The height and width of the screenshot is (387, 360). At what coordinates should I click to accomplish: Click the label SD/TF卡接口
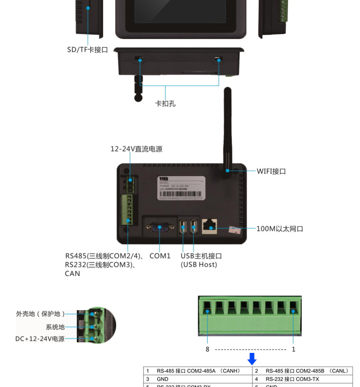tap(87, 50)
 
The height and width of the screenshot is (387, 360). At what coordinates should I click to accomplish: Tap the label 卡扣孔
tap(165, 103)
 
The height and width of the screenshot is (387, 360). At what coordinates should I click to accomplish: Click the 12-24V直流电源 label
tap(136, 149)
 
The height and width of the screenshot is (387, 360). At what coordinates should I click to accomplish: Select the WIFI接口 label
tap(271, 171)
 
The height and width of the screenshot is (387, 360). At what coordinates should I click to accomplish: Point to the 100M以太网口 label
tap(279, 229)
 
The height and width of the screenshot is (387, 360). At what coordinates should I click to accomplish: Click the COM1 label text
tap(160, 256)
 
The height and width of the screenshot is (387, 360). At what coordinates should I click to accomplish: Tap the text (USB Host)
tap(199, 265)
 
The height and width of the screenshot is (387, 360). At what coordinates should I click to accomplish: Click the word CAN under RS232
tap(72, 274)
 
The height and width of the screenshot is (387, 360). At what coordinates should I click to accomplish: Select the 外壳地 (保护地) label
tap(40, 314)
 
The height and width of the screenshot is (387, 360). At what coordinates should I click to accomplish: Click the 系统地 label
tap(55, 327)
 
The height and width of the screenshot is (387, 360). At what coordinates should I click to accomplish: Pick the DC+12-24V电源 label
tap(40, 339)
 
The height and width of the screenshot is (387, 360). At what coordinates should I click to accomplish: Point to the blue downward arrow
tap(252, 358)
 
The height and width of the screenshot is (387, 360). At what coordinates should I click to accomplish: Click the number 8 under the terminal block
tap(207, 349)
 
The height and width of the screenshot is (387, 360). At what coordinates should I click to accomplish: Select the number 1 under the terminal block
tap(294, 349)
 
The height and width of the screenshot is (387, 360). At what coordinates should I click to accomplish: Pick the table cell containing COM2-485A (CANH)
tap(198, 371)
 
